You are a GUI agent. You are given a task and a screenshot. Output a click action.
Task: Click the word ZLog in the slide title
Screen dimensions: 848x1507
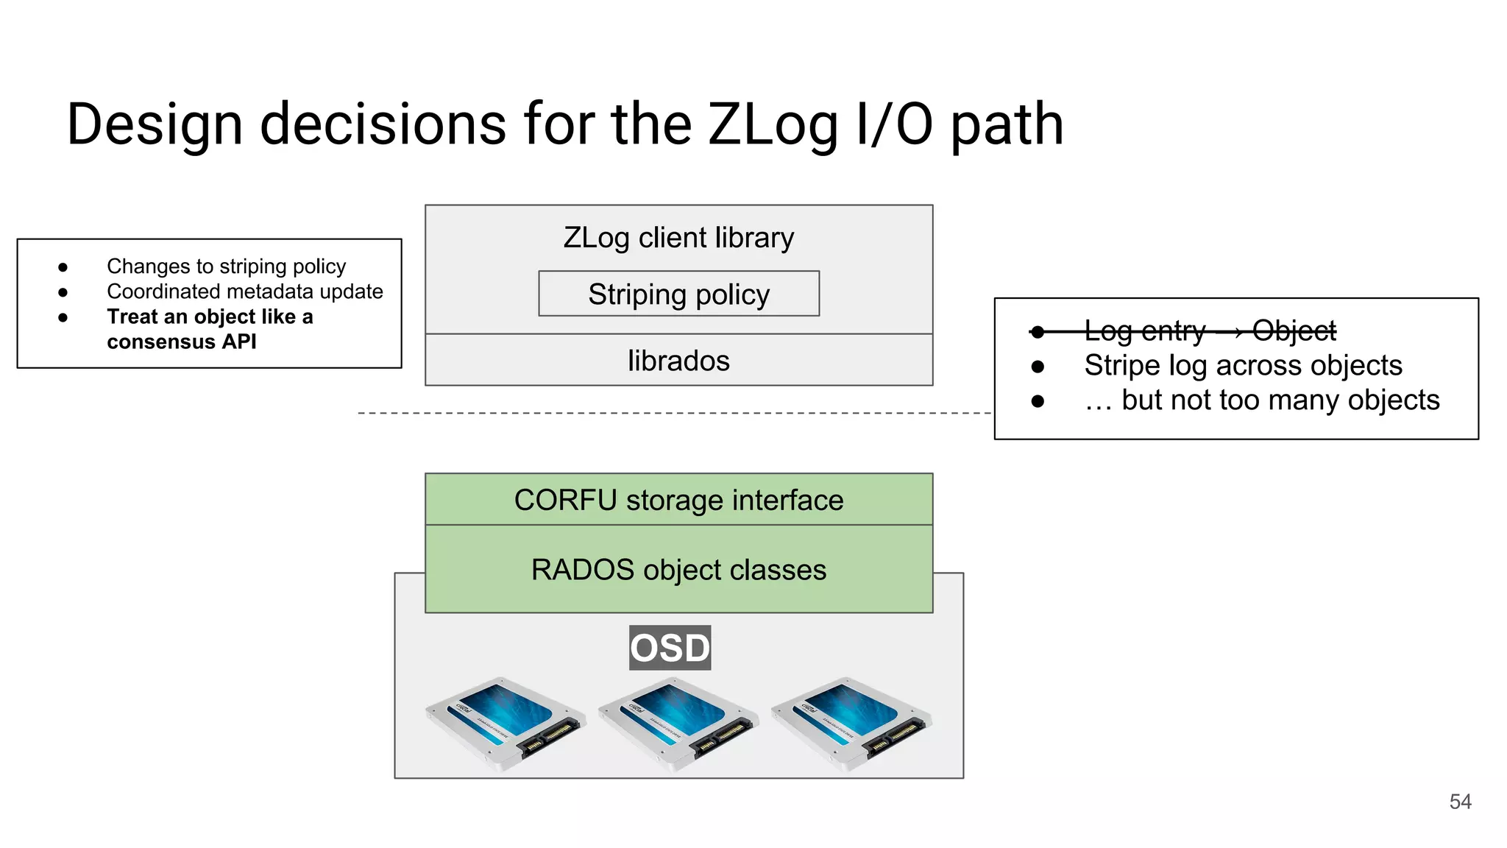tap(773, 125)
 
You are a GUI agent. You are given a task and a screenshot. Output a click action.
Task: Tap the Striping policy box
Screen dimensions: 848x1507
tap(678, 294)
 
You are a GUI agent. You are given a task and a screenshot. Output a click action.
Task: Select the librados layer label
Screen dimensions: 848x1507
tap(678, 361)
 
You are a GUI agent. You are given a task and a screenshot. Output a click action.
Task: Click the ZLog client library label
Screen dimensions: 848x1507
tap(678, 238)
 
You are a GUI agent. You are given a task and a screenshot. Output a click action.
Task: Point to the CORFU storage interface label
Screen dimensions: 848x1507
tap(678, 500)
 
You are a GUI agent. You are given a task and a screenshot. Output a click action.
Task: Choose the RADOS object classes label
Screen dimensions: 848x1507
tap(678, 570)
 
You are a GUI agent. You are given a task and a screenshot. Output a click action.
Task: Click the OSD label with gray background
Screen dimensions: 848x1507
tap(670, 648)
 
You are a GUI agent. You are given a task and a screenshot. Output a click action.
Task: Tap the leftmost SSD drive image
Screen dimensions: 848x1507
tap(506, 723)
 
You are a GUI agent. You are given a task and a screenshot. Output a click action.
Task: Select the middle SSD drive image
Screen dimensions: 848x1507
tap(678, 723)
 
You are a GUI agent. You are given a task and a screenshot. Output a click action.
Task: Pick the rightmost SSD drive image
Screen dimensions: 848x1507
tap(851, 723)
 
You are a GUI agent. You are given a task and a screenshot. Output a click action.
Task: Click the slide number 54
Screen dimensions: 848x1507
tap(1460, 802)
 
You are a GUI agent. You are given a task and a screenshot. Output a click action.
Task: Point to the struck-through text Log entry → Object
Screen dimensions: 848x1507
tap(1210, 331)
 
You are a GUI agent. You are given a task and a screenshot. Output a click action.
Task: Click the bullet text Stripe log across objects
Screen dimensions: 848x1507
tap(1243, 366)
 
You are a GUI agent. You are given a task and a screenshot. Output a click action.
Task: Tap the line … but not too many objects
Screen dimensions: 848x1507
tap(1261, 400)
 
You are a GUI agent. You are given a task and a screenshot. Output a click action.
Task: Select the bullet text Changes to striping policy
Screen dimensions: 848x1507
tap(226, 266)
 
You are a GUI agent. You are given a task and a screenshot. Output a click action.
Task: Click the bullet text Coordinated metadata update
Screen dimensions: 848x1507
tap(244, 291)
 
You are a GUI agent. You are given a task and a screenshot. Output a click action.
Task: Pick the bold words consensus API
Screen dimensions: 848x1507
tap(181, 342)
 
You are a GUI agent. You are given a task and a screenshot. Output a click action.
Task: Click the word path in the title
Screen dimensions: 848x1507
tap(1007, 125)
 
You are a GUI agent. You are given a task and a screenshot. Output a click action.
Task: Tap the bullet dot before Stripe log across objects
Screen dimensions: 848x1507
tap(1038, 367)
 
